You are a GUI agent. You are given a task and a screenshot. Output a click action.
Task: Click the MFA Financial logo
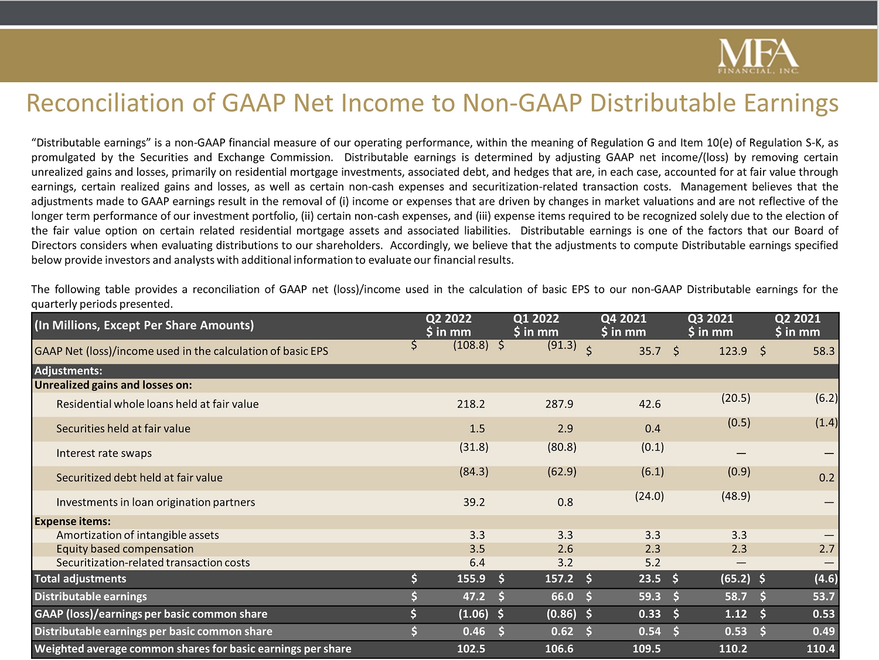pyautogui.click(x=758, y=56)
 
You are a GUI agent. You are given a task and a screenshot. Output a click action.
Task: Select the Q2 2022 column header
pyautogui.click(x=448, y=325)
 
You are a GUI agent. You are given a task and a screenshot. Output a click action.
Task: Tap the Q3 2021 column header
pyautogui.click(x=710, y=325)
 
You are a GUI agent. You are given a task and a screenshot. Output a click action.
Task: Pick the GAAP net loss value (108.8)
pyautogui.click(x=471, y=345)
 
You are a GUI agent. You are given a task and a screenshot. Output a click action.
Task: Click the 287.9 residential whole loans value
pyautogui.click(x=559, y=404)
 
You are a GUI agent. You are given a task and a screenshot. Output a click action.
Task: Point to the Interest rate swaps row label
pyautogui.click(x=104, y=453)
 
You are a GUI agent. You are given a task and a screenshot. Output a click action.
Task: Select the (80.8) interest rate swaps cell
pyautogui.click(x=562, y=447)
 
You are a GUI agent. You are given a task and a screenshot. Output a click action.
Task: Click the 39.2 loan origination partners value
pyautogui.click(x=474, y=502)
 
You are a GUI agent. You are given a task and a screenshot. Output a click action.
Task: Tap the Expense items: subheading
pyautogui.click(x=73, y=522)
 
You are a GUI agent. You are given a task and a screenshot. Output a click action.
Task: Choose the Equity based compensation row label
pyautogui.click(x=125, y=549)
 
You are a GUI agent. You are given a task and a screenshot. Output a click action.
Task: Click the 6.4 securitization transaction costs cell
pyautogui.click(x=477, y=563)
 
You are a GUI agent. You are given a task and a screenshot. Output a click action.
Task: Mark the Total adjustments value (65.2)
pyautogui.click(x=735, y=578)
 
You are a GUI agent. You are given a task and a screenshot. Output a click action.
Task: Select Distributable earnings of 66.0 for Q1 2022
pyautogui.click(x=562, y=597)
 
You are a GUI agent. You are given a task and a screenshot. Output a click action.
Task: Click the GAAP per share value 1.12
pyautogui.click(x=735, y=614)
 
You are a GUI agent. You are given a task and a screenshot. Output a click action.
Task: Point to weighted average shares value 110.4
pyautogui.click(x=820, y=649)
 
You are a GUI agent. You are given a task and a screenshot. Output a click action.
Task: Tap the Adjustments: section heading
pyautogui.click(x=69, y=371)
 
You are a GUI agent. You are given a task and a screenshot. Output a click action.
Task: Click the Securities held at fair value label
pyautogui.click(x=123, y=429)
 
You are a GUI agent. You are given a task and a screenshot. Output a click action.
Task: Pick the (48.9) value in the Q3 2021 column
pyautogui.click(x=735, y=496)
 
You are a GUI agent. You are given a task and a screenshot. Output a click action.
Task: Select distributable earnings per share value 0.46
pyautogui.click(x=473, y=632)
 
